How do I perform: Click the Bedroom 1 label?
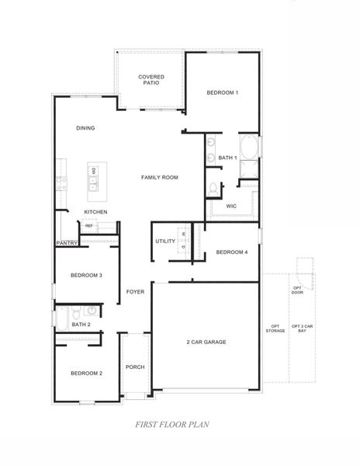point(222,93)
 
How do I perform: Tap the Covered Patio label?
point(151,80)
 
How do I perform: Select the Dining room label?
point(85,128)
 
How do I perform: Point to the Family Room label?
point(160,178)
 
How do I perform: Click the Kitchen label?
point(95,212)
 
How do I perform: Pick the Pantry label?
point(65,243)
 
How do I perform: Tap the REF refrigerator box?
point(89,226)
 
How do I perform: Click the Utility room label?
point(165,242)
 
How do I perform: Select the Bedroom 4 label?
point(231,252)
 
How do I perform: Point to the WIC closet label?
point(231,207)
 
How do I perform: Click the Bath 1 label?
point(227,158)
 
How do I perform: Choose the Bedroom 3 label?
point(86,276)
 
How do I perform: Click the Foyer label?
point(136,292)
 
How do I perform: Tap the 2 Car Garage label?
point(206,342)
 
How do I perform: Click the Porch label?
point(135,367)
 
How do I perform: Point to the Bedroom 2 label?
point(86,374)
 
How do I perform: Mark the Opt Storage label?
point(275,328)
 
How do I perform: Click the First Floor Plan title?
point(169,425)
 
